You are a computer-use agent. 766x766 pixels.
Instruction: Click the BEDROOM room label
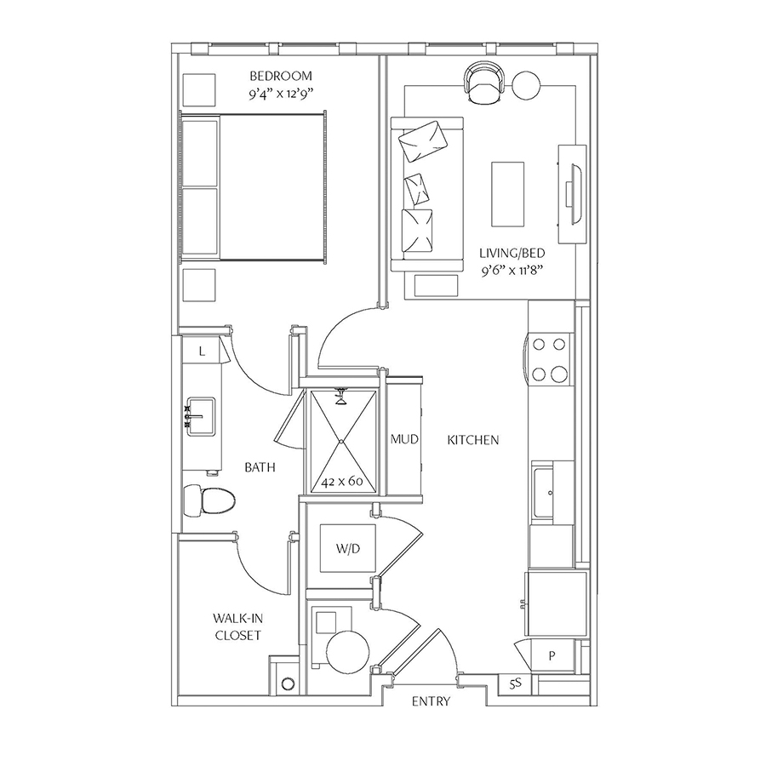click(x=280, y=77)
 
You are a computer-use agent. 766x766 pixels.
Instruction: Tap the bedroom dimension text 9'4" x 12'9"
click(x=280, y=94)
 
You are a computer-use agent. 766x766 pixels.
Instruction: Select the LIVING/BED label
click(x=512, y=253)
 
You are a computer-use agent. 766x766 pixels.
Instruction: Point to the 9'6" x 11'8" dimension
click(x=512, y=270)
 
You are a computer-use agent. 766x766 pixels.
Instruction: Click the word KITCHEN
click(x=473, y=440)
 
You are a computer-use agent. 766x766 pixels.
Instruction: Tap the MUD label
click(x=404, y=439)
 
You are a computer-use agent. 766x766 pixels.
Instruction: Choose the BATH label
click(x=260, y=467)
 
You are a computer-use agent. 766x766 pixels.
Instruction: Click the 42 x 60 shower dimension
click(x=342, y=481)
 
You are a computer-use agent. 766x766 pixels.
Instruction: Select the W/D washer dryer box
click(x=348, y=548)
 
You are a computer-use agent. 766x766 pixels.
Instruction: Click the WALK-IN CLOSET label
click(x=238, y=626)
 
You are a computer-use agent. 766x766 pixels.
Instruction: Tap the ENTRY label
click(x=431, y=701)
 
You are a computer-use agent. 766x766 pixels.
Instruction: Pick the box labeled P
click(x=552, y=655)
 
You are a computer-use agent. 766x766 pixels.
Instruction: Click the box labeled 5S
click(x=515, y=684)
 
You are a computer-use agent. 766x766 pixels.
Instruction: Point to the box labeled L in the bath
click(x=202, y=352)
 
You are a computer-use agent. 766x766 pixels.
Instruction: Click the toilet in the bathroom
click(x=209, y=500)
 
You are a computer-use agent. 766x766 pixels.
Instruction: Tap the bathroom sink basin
click(x=200, y=416)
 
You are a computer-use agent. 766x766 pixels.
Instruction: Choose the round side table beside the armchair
click(x=526, y=85)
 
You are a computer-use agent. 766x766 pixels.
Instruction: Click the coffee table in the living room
click(x=507, y=194)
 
